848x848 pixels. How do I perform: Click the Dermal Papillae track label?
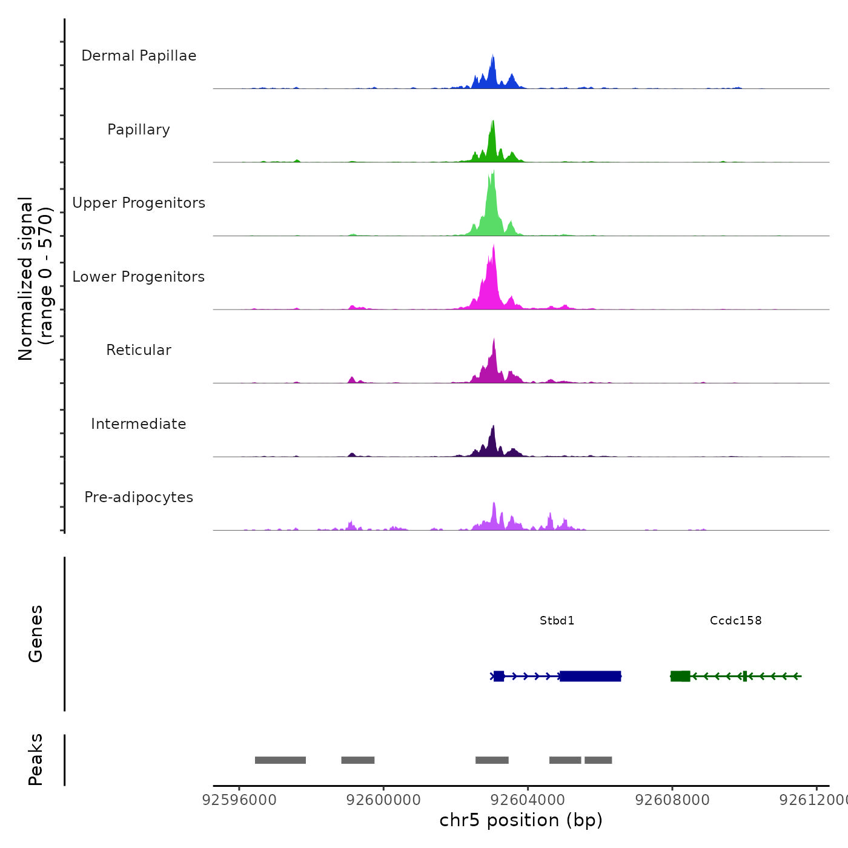(139, 56)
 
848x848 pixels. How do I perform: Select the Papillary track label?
(139, 130)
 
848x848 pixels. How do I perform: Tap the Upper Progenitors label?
(139, 203)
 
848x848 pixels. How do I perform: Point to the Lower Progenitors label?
(139, 277)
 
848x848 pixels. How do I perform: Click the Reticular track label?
(139, 350)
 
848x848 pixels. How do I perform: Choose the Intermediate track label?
(139, 424)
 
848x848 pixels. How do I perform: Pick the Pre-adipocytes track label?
(139, 497)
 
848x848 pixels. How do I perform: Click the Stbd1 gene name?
(557, 620)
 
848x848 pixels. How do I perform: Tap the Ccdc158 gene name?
(735, 620)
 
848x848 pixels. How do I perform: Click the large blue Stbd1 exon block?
(590, 676)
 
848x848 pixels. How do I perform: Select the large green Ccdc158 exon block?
(680, 676)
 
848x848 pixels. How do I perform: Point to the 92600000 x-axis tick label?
(383, 800)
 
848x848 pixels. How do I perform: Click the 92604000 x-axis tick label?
(528, 800)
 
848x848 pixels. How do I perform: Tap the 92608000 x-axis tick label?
(672, 800)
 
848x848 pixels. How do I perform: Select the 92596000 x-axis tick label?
(239, 800)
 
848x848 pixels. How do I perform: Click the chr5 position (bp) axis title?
(521, 820)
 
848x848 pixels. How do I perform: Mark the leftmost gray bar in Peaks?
(280, 760)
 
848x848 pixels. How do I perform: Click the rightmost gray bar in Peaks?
(598, 760)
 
